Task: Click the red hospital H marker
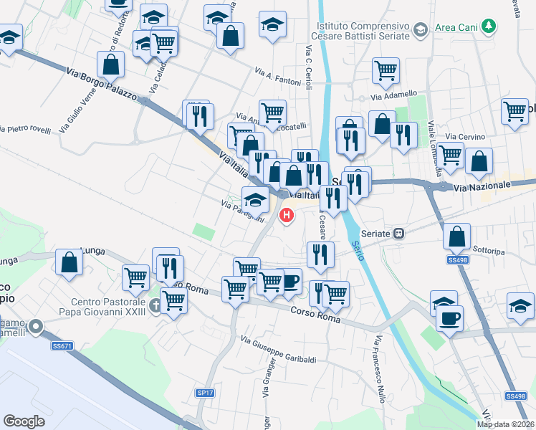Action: (x=287, y=214)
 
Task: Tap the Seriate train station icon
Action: (x=399, y=234)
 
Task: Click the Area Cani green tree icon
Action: (x=489, y=27)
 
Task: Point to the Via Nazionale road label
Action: (x=482, y=186)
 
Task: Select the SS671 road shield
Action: (x=62, y=346)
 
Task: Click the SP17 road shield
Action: (x=206, y=393)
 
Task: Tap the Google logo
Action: (x=24, y=421)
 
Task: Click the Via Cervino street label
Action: (x=465, y=137)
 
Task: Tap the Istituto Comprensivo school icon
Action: (x=419, y=29)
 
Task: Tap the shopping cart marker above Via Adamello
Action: (x=386, y=71)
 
